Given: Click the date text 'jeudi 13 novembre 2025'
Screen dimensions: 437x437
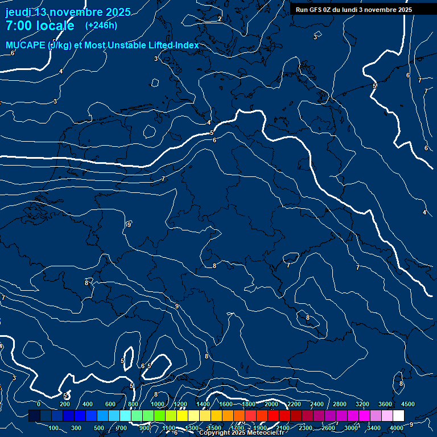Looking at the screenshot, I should [x=68, y=12].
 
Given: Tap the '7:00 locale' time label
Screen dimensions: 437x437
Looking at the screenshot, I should [x=40, y=26].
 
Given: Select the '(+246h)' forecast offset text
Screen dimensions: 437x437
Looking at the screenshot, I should [x=101, y=25].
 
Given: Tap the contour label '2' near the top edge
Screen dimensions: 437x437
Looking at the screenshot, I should [x=220, y=19].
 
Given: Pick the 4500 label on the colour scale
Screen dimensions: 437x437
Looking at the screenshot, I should [x=408, y=404].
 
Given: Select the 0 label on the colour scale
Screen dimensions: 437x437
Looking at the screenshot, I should [x=38, y=404].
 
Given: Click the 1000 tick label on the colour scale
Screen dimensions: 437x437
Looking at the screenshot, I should [x=157, y=404].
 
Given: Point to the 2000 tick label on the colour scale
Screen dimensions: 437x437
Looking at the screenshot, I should [x=271, y=404].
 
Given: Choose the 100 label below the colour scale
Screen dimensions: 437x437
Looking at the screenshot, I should [x=54, y=428].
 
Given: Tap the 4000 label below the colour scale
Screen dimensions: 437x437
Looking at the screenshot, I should [x=397, y=428].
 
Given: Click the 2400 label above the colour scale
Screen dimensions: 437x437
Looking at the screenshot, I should [x=317, y=404].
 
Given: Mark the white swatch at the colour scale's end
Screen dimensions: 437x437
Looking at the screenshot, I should [x=398, y=416].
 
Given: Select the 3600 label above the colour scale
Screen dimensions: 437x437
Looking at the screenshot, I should [x=385, y=404].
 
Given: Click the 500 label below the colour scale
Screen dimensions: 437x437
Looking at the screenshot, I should [x=99, y=428].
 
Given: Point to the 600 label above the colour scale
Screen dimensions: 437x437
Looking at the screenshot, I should [x=110, y=404].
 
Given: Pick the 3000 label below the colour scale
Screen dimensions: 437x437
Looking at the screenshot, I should [x=351, y=428].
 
